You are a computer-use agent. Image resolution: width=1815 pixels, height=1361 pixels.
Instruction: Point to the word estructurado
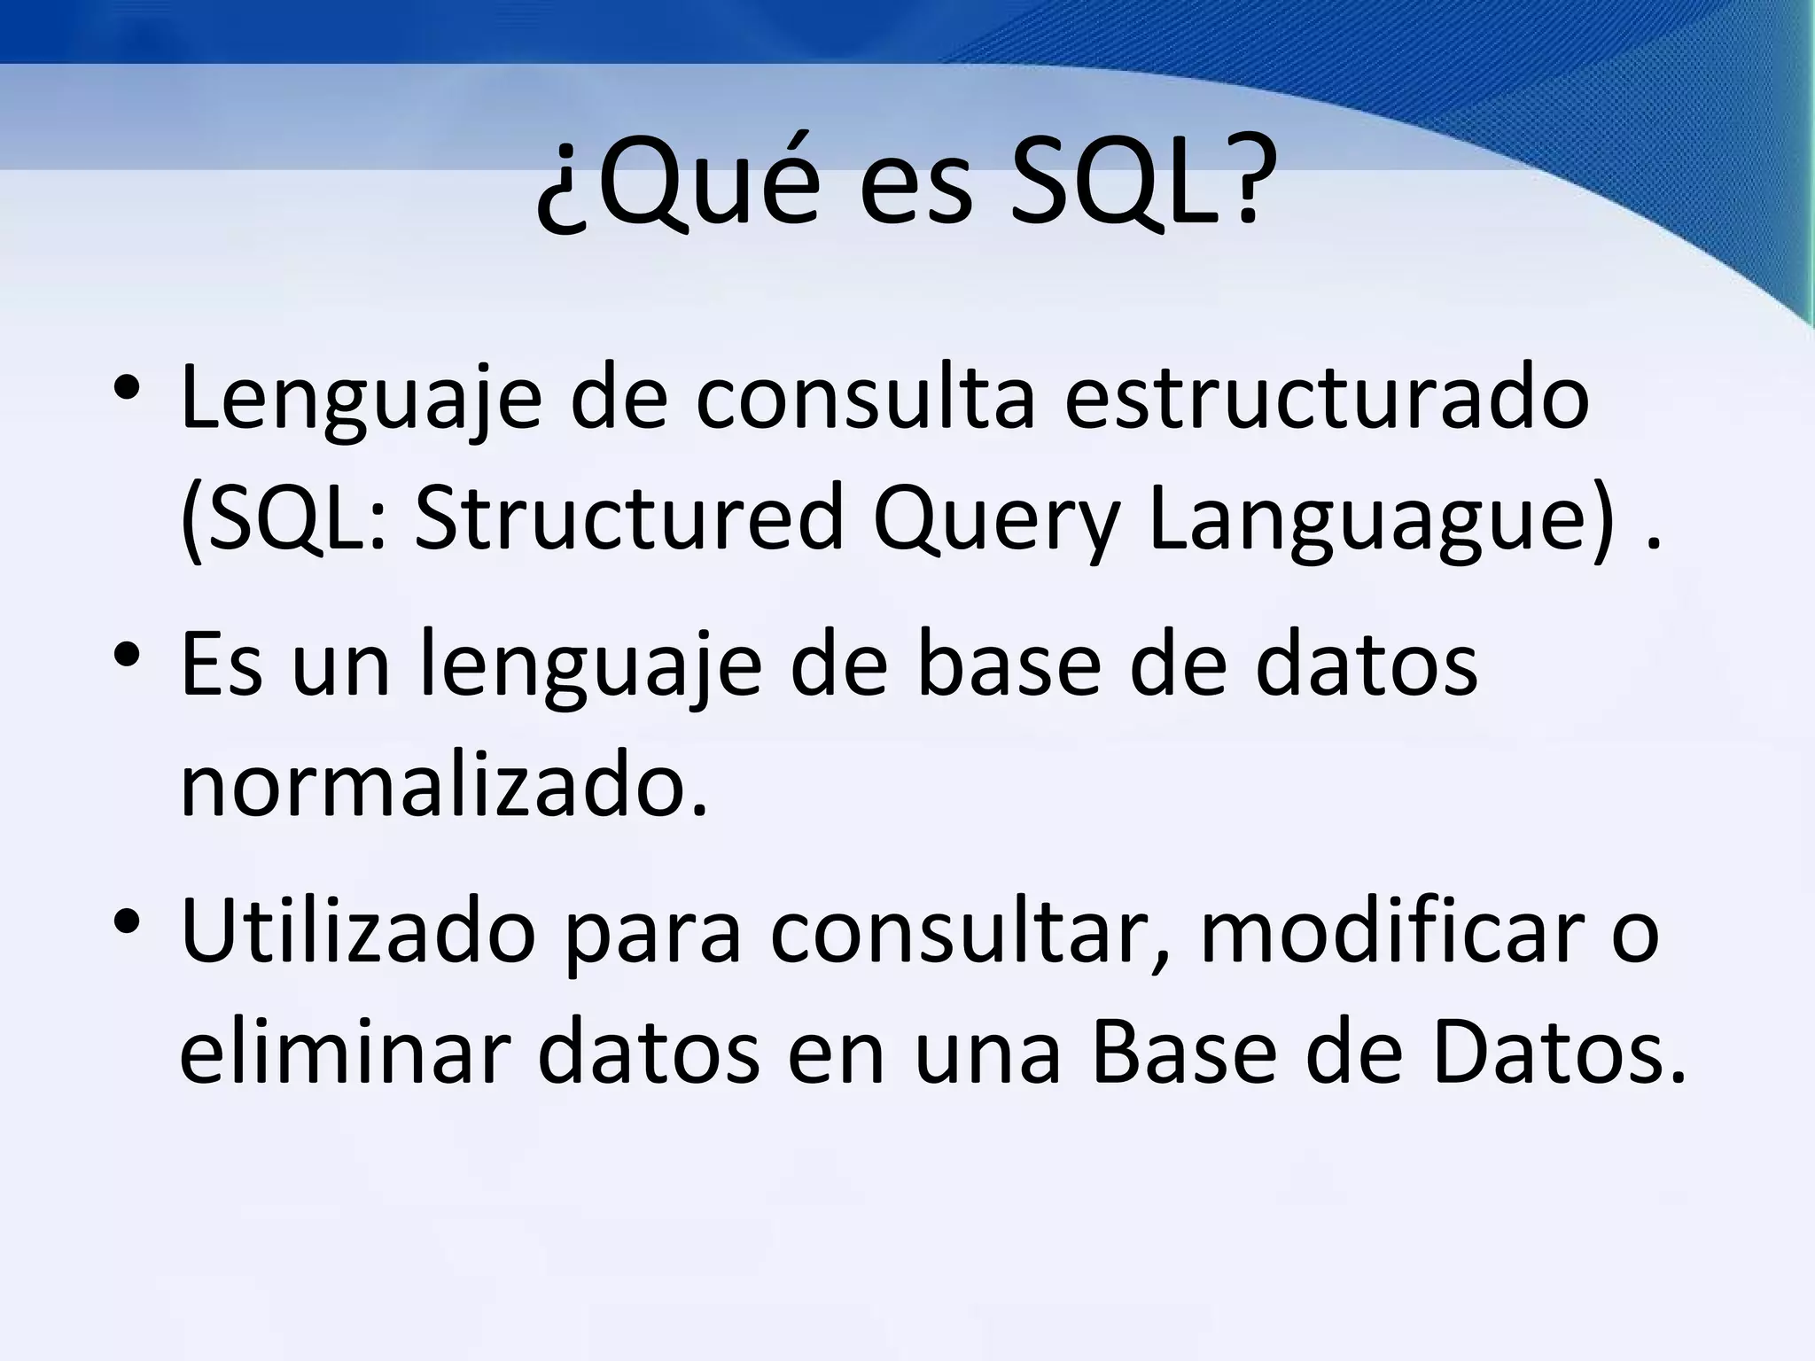pyautogui.click(x=1326, y=398)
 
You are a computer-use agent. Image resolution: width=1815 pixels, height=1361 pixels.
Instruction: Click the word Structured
pyautogui.click(x=628, y=518)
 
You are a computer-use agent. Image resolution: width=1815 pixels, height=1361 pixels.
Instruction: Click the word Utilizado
pyautogui.click(x=358, y=929)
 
